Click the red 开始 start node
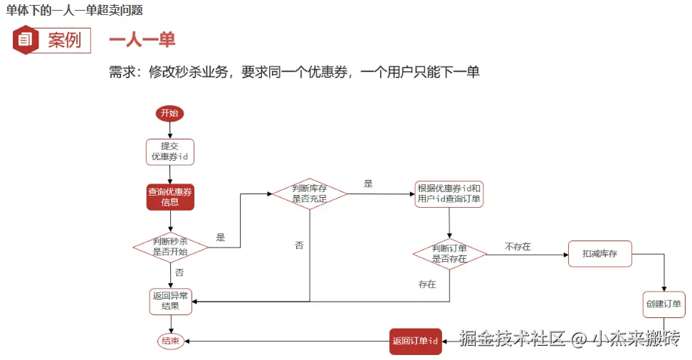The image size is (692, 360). coord(169,113)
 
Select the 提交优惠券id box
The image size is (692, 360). coord(170,151)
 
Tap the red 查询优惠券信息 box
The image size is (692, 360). coord(170,197)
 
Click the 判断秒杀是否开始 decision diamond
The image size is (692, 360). coord(170,247)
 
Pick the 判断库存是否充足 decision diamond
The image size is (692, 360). coord(310,194)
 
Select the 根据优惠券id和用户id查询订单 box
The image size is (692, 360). coord(449,194)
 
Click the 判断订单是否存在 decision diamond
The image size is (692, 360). coord(449,253)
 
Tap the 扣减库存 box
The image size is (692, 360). coord(599,253)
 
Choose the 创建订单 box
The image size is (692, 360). coord(663,304)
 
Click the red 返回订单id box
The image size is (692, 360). coord(415,341)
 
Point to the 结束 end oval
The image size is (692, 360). coord(170,341)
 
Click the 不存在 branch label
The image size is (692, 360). coord(518,247)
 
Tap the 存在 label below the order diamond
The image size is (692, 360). coord(427,284)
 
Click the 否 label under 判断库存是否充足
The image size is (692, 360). coord(299,245)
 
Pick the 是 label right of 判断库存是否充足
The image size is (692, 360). coord(368,184)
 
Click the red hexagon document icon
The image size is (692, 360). coord(26,41)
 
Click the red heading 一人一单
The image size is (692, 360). coord(142,40)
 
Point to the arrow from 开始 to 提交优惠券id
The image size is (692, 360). coord(170,130)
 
